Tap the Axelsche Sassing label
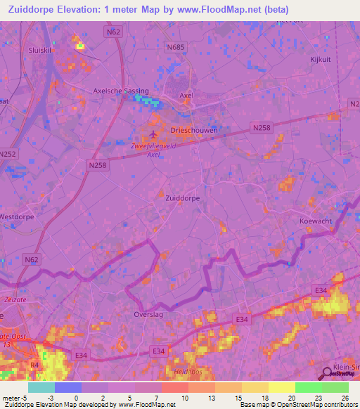pyautogui.click(x=121, y=91)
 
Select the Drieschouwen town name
pyautogui.click(x=194, y=131)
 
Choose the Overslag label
pyautogui.click(x=148, y=315)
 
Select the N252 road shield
pyautogui.click(x=8, y=154)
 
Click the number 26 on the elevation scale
pyautogui.click(x=344, y=397)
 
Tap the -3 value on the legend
pyautogui.click(x=51, y=397)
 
